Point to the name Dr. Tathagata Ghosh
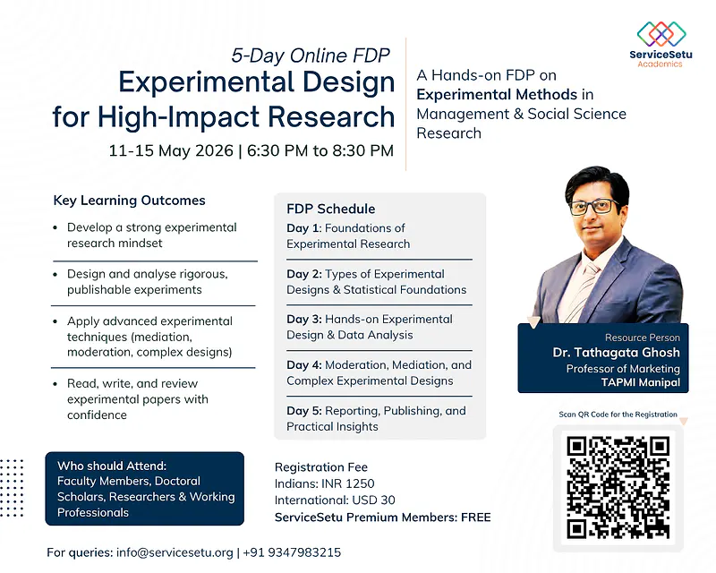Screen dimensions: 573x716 616,353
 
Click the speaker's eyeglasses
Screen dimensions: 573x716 592,206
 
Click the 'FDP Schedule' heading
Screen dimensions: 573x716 331,209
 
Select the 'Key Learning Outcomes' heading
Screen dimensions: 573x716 129,201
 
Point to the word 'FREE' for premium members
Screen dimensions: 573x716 472,517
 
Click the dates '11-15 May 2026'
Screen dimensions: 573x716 170,150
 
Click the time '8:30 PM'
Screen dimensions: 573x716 362,150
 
